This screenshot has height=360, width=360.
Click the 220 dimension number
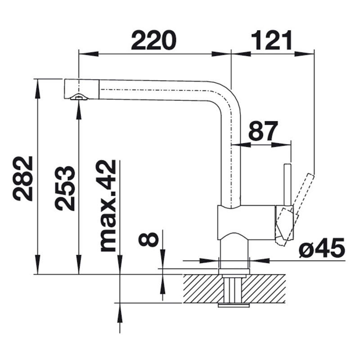click(x=153, y=40)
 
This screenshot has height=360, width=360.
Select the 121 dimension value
click(x=272, y=40)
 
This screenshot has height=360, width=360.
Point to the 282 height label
click(x=23, y=179)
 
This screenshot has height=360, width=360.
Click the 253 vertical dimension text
click(x=65, y=188)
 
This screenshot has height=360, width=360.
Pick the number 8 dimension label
click(x=148, y=239)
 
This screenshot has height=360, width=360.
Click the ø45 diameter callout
click(x=322, y=247)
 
